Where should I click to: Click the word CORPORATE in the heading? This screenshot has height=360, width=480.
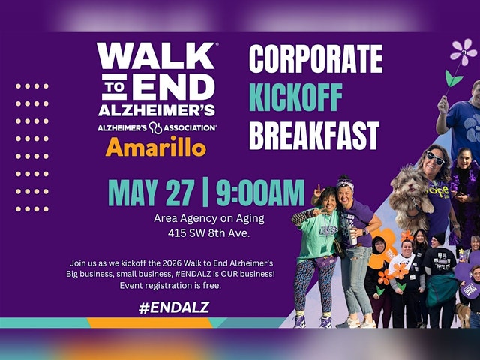click(316, 59)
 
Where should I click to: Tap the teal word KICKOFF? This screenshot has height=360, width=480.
click(295, 97)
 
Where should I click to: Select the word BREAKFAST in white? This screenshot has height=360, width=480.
click(314, 135)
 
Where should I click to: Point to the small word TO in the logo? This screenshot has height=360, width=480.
click(115, 87)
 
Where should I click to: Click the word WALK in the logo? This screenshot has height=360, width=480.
click(156, 56)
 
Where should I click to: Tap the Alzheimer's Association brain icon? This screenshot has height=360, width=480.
click(155, 128)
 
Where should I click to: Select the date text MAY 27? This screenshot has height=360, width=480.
click(151, 193)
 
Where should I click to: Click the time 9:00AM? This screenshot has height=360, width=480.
click(260, 193)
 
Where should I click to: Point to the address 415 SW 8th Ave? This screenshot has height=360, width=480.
click(209, 233)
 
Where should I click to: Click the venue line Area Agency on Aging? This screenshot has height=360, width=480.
click(209, 218)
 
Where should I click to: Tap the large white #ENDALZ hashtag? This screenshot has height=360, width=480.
click(174, 307)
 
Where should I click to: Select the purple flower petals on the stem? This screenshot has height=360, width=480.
click(463, 52)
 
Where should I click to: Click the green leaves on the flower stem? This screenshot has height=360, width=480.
click(453, 78)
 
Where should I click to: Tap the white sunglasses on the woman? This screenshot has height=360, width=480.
click(436, 158)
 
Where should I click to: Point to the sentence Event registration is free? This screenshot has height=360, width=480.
click(170, 286)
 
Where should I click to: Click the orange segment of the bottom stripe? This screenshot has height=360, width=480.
click(150, 322)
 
